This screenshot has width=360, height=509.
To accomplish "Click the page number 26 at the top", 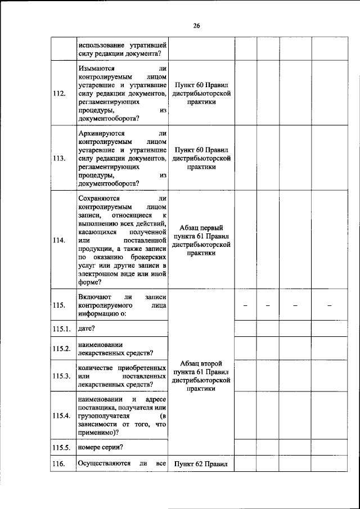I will point(196,25).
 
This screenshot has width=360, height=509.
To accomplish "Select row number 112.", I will point(58,93).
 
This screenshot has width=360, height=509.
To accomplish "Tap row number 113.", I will point(58,158).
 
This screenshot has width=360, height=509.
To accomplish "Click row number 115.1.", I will point(61,328).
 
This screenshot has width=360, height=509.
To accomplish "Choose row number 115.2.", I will point(61,348).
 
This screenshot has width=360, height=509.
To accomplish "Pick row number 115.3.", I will point(61,376).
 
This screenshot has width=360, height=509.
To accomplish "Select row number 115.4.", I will point(61,416).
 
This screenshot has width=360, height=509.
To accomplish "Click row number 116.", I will point(58,464).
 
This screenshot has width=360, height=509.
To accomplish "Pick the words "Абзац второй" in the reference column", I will point(201,363).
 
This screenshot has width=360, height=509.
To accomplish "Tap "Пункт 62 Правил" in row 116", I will point(201,464).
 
